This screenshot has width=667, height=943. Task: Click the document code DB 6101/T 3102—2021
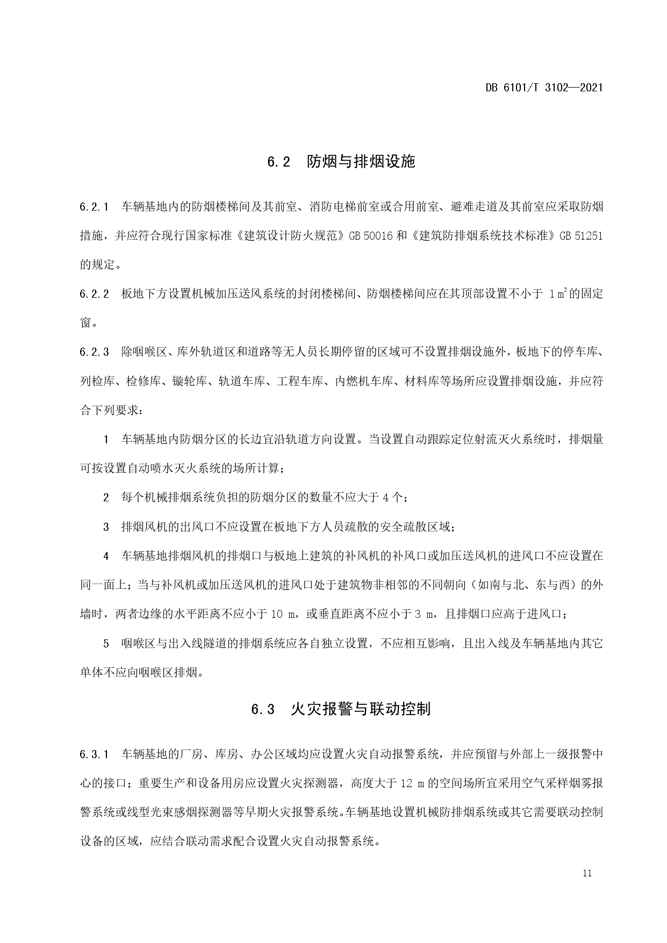click(x=544, y=87)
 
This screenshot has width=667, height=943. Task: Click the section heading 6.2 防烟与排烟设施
click(x=341, y=161)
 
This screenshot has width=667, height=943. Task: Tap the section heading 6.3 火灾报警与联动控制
click(x=341, y=709)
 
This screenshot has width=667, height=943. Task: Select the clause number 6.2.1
click(x=95, y=206)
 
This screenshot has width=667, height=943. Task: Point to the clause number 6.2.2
click(x=95, y=294)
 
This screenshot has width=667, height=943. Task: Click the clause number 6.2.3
click(x=95, y=352)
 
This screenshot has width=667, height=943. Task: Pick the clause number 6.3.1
click(x=95, y=754)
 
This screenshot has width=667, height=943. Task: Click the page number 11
click(x=586, y=873)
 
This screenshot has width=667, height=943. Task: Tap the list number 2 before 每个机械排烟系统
click(x=106, y=498)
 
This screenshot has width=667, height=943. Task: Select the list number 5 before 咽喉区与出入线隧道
click(x=106, y=643)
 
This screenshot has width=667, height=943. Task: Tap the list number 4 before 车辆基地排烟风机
click(x=106, y=556)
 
